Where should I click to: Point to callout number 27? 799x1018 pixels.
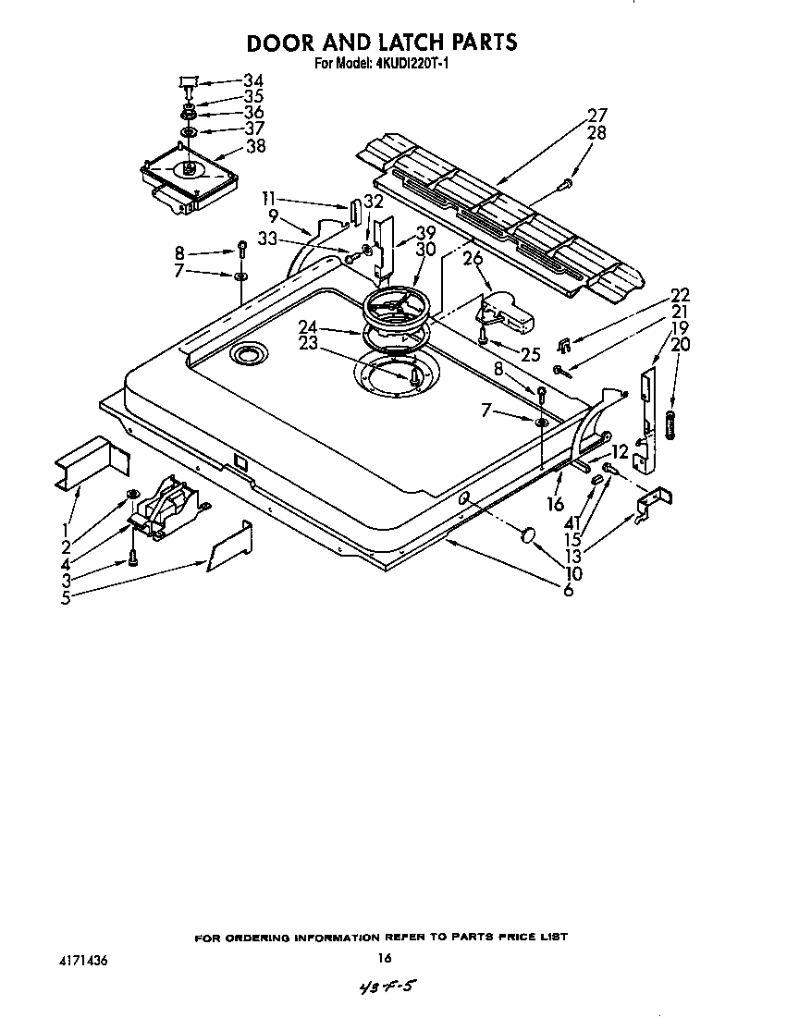pos(596,116)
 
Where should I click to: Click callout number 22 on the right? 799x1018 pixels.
pos(680,295)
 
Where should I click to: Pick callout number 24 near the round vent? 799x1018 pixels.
pos(310,325)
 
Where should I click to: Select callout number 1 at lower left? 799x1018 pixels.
pos(66,528)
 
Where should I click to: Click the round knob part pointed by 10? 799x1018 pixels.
pos(530,534)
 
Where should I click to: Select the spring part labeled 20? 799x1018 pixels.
pos(670,426)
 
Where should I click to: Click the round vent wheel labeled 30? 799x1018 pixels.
pos(397,308)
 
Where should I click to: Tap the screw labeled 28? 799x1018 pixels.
pos(563,189)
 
